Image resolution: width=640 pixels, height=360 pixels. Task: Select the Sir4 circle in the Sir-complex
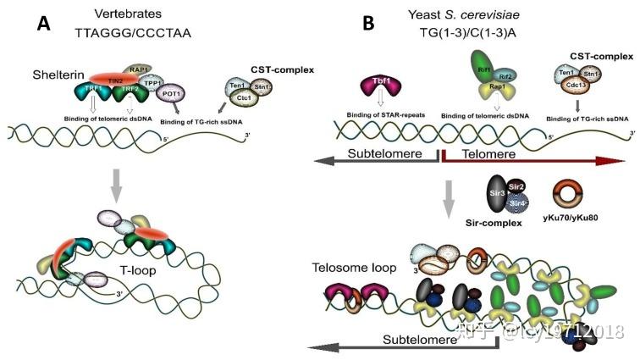pyautogui.click(x=518, y=203)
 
